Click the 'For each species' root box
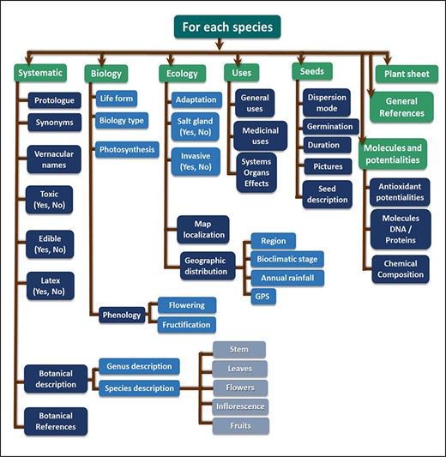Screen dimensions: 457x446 (227, 27)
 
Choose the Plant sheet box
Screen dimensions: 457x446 (401, 74)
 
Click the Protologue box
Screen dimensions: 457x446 (54, 100)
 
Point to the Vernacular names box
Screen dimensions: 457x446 (54, 158)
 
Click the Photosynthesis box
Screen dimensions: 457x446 (127, 150)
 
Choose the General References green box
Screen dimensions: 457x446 (401, 107)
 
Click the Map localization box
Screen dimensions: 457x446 (203, 229)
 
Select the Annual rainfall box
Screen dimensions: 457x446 (286, 278)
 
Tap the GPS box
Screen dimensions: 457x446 (263, 297)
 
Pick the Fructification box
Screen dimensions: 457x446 (186, 324)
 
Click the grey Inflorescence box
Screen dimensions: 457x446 (239, 406)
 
